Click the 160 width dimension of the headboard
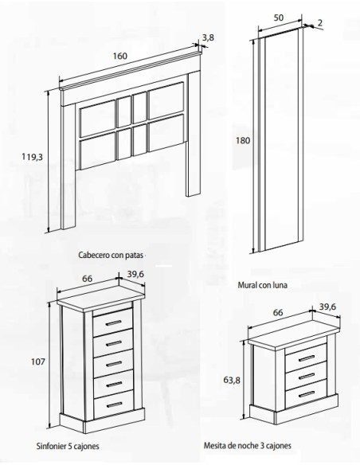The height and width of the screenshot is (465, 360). [x=120, y=56]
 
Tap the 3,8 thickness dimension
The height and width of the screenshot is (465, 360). [x=208, y=37]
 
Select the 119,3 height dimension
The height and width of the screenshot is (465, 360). [x=32, y=157]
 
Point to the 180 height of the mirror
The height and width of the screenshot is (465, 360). [x=243, y=140]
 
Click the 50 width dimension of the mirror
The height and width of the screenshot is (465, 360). [x=278, y=18]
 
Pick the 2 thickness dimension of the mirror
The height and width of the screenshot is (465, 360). [x=319, y=23]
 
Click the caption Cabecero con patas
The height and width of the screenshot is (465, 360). [x=111, y=255]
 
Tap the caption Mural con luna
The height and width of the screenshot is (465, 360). [x=263, y=285]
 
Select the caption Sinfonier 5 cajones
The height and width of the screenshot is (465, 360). [x=68, y=446]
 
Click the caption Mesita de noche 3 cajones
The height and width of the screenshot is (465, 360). [x=248, y=445]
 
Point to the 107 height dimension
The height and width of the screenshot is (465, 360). [x=38, y=361]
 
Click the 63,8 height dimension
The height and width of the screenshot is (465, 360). [x=232, y=380]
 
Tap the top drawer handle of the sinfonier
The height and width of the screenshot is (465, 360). [x=113, y=322]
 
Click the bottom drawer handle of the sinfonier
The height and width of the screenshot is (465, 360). [x=114, y=404]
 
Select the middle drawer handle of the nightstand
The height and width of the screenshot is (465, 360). [x=307, y=377]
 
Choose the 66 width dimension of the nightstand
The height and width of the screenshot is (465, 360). [x=278, y=313]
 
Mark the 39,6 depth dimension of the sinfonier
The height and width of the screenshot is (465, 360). [x=135, y=274]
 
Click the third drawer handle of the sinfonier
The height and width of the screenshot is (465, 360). [x=114, y=364]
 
